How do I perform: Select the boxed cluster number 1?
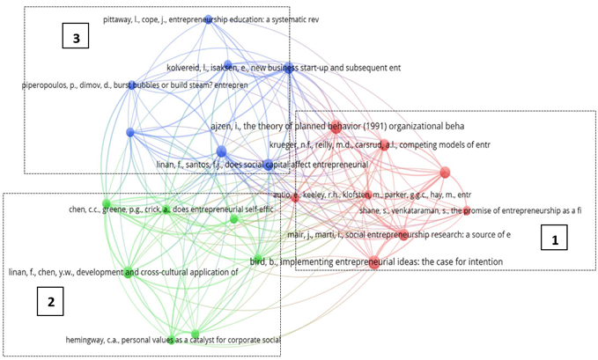point(554,239)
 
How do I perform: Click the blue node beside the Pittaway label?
point(209,18)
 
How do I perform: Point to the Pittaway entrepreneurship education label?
point(210,18)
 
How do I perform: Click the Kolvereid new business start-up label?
point(284,67)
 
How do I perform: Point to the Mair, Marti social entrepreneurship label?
point(398,234)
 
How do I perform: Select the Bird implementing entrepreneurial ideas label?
point(377,261)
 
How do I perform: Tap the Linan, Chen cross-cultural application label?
point(123,272)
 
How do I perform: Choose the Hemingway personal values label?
point(173,339)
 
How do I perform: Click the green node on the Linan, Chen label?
point(127,272)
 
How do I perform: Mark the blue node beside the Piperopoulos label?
point(132,85)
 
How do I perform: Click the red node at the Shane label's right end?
point(467,210)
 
